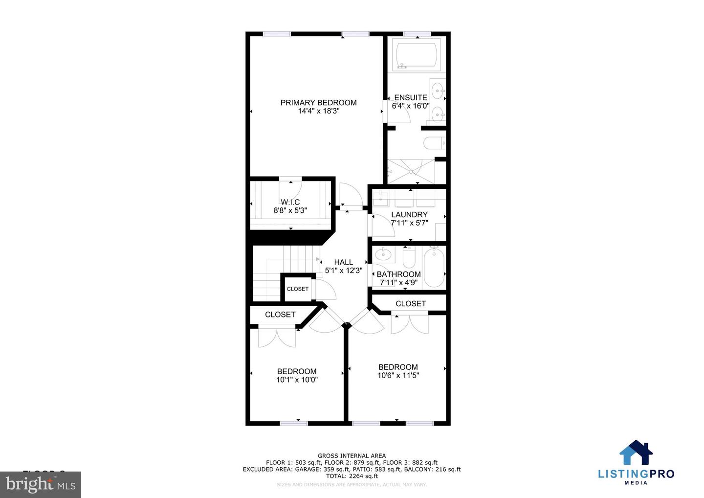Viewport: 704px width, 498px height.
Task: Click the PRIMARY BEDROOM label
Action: (x=318, y=103)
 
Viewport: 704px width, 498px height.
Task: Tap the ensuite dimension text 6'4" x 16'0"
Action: (x=411, y=106)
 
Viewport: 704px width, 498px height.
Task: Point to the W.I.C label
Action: (x=290, y=202)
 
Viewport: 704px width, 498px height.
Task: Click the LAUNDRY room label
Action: (x=409, y=215)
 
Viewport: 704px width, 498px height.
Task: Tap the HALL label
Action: (x=343, y=262)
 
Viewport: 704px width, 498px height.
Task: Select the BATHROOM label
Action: (x=398, y=274)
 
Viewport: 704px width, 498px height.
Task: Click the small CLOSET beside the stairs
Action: (x=297, y=289)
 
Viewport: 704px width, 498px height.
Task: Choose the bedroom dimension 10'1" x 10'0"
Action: (x=297, y=380)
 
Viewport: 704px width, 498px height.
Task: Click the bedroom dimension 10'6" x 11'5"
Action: (x=398, y=376)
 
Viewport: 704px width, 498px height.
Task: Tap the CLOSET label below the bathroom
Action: (x=410, y=304)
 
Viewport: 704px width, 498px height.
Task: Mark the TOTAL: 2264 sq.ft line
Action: (x=352, y=476)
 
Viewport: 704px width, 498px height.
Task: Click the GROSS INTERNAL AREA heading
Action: (x=352, y=456)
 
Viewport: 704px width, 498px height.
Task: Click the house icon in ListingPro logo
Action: (x=636, y=453)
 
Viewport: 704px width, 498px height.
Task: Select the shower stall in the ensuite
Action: (x=411, y=171)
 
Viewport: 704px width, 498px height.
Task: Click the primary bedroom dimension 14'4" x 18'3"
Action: (x=318, y=111)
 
